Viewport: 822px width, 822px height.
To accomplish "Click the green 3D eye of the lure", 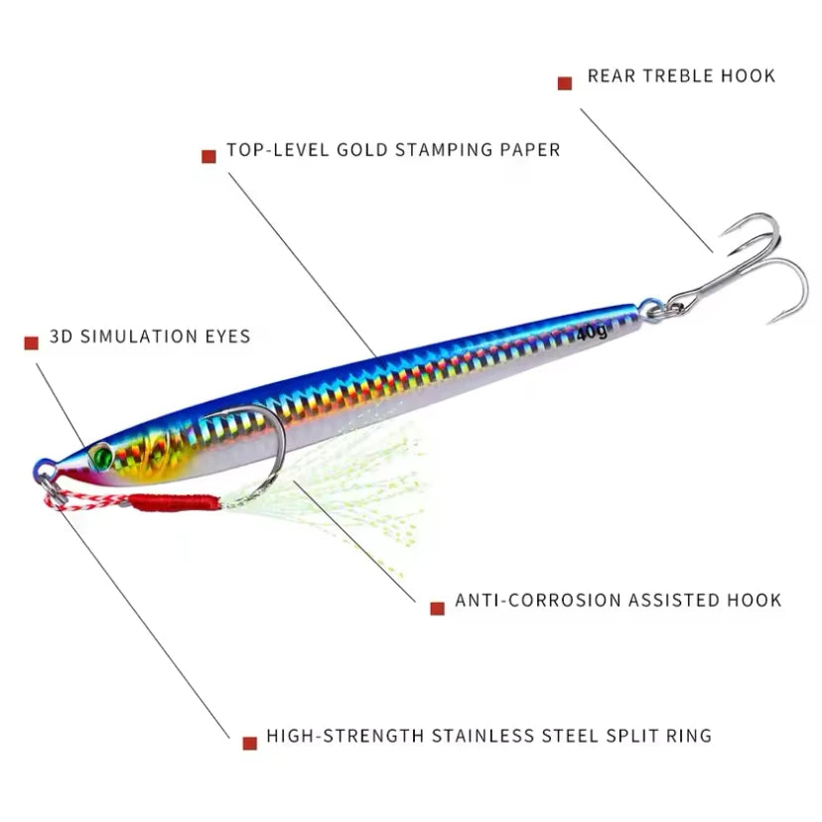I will click(102, 456).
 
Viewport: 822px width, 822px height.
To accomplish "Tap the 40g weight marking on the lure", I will click(592, 333).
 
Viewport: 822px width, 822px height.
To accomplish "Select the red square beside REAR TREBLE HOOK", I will click(565, 83).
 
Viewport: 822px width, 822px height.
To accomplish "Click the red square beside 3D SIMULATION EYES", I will click(31, 342).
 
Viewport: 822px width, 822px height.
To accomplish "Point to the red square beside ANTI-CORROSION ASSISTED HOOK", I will click(437, 608).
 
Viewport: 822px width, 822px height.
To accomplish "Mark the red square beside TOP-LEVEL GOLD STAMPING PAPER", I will click(208, 156).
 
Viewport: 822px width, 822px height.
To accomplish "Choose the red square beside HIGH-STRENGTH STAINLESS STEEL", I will click(249, 743).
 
